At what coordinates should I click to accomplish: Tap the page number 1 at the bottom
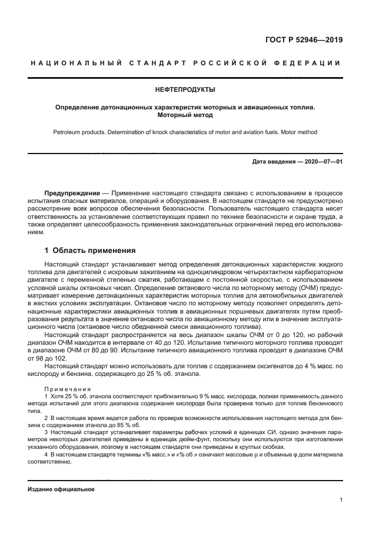pyautogui.click(x=341, y=501)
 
